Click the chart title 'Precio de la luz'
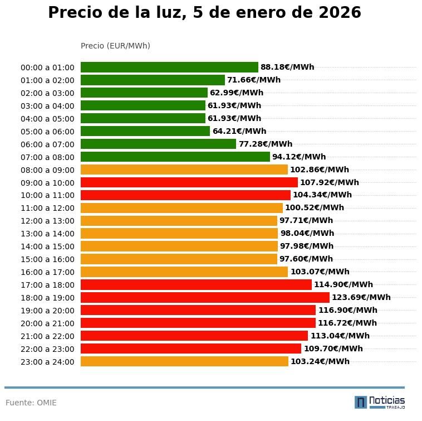204,13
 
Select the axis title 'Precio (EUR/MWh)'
115,46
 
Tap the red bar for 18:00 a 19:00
205,297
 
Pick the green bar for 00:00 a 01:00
169,67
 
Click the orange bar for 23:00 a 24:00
184,361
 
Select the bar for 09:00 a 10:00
189,182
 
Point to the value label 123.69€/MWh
361,297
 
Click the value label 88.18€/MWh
287,67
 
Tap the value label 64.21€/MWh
239,131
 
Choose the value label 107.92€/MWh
329,182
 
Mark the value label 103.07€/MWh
320,272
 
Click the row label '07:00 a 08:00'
47,157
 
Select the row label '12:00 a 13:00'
47,221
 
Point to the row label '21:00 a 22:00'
47,336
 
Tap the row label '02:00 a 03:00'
47,93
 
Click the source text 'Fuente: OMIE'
31,403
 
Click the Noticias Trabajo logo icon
361,402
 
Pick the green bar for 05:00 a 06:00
145,131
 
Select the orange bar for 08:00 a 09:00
184,170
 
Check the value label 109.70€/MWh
333,349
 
